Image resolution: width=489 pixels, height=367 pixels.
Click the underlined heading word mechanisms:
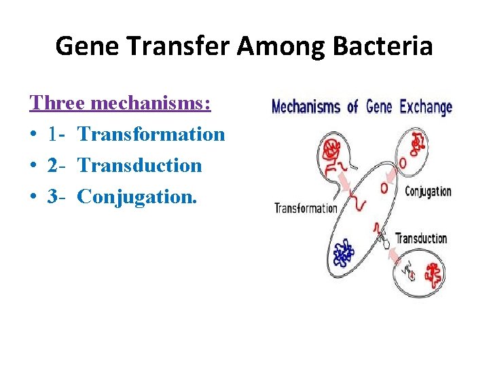(150, 103)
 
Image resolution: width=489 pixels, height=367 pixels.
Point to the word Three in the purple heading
(58, 103)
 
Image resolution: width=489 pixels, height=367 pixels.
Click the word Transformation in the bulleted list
(151, 134)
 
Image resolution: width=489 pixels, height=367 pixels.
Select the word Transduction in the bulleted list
(139, 165)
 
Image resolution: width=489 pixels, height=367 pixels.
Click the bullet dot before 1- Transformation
(33, 135)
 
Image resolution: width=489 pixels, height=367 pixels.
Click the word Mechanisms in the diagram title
(306, 107)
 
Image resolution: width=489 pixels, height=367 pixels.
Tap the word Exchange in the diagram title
(425, 107)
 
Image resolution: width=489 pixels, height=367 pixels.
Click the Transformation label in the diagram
(305, 208)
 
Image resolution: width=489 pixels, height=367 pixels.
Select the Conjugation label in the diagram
(428, 191)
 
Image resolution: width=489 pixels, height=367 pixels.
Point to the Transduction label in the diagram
(421, 239)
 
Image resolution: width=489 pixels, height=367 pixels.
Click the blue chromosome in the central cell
(343, 254)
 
